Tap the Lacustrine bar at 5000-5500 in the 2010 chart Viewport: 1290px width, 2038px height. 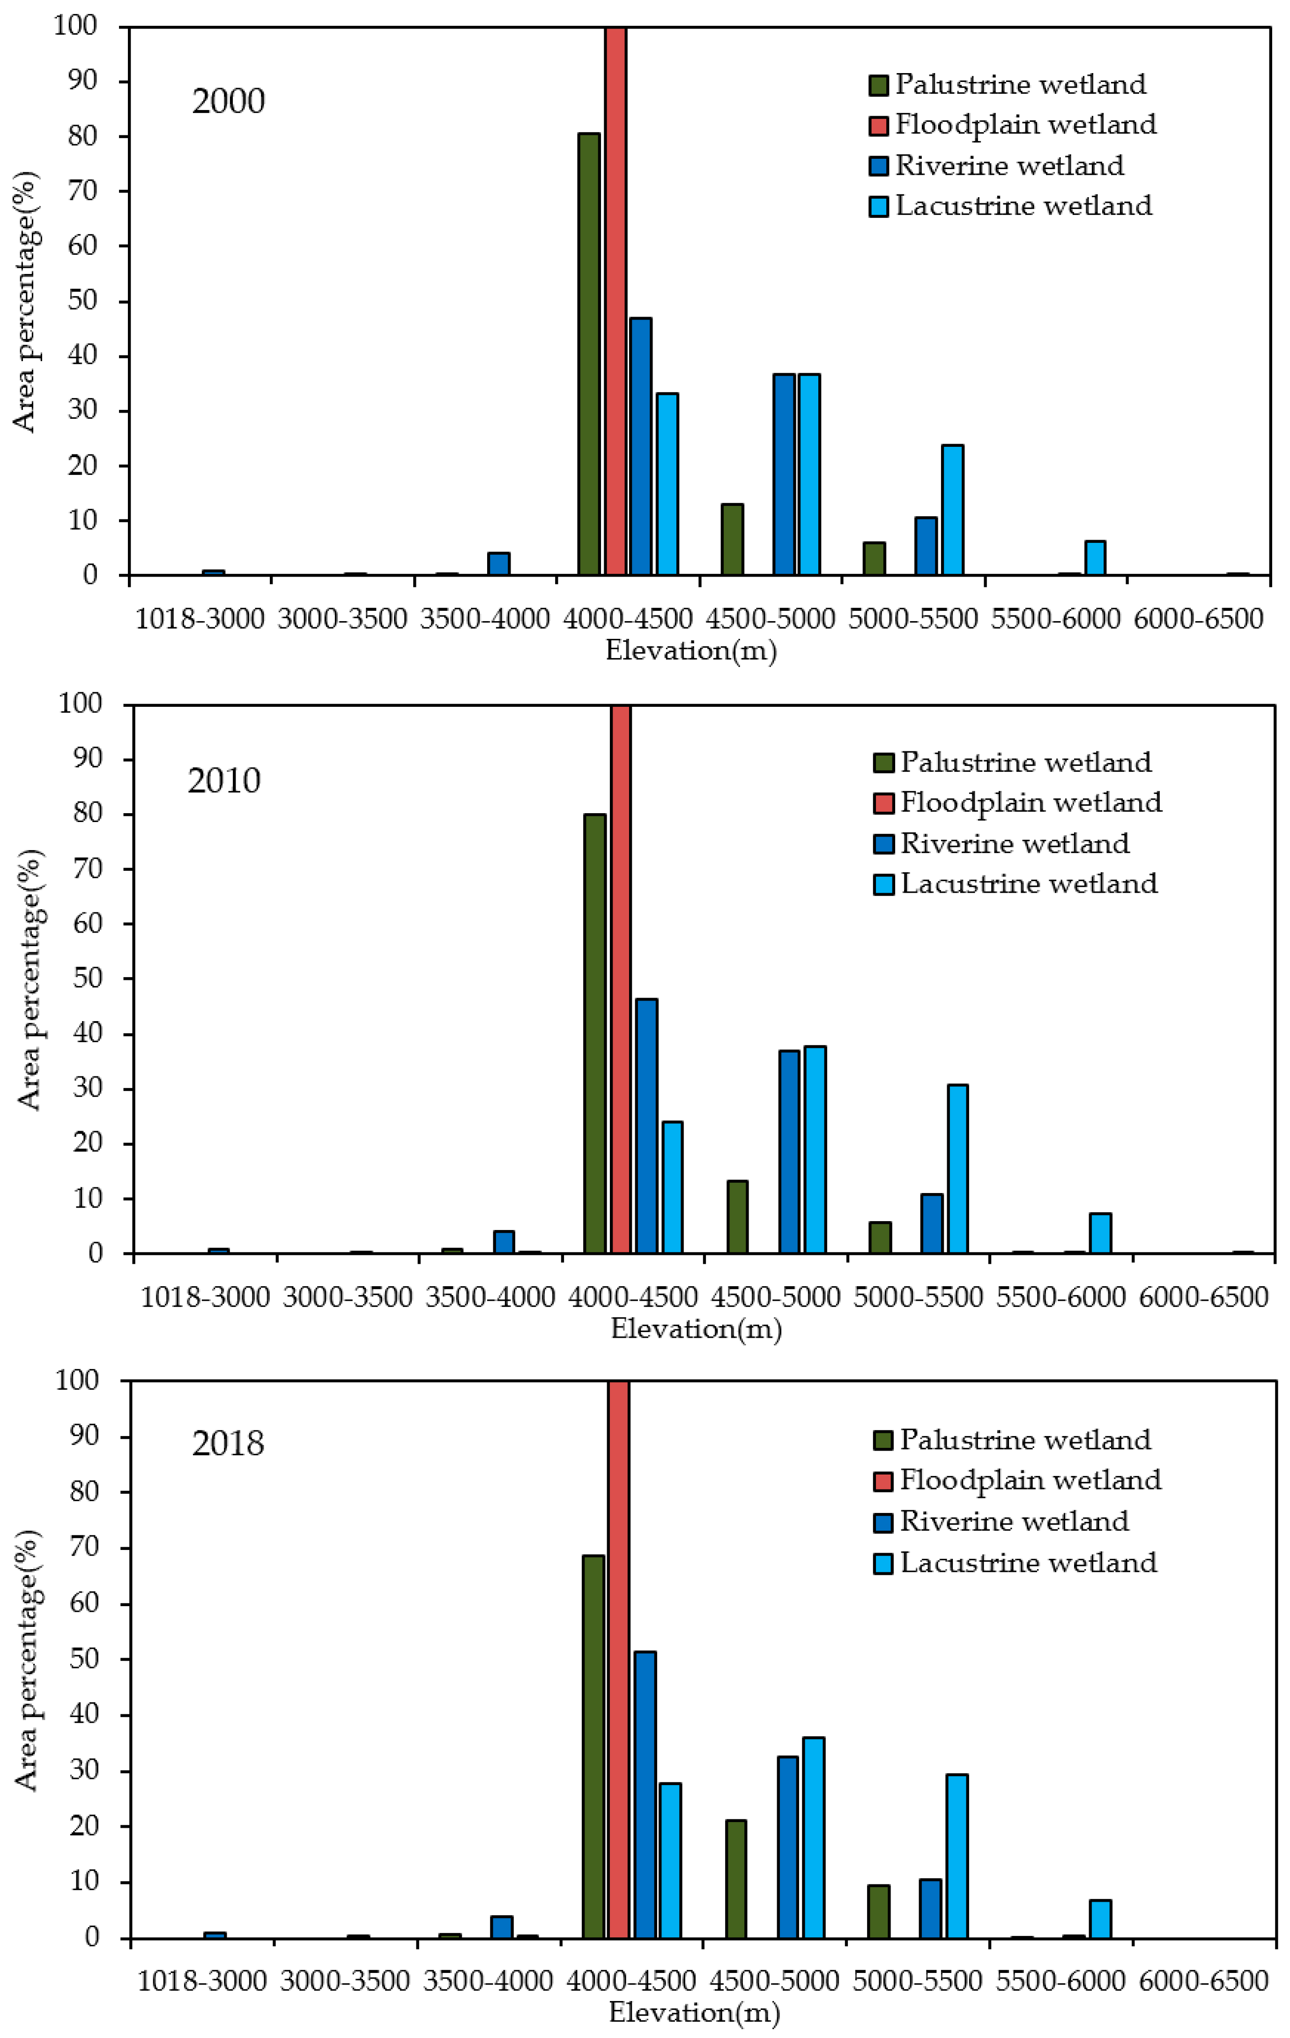[x=957, y=1168]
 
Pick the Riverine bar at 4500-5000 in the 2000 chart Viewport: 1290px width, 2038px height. [x=784, y=474]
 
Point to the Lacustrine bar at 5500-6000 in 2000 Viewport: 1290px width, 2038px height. [x=1095, y=558]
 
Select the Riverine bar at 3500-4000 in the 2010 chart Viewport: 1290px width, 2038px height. [x=504, y=1242]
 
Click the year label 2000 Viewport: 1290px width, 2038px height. [x=229, y=101]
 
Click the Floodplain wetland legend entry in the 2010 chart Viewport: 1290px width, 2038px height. [x=1017, y=801]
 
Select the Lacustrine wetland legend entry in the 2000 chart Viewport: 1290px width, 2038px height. [x=1011, y=206]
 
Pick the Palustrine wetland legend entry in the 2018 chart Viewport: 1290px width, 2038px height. [x=1012, y=1440]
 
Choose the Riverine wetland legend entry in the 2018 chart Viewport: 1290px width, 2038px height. [x=1001, y=1521]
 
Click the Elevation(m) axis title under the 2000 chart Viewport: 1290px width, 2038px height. [x=691, y=650]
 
